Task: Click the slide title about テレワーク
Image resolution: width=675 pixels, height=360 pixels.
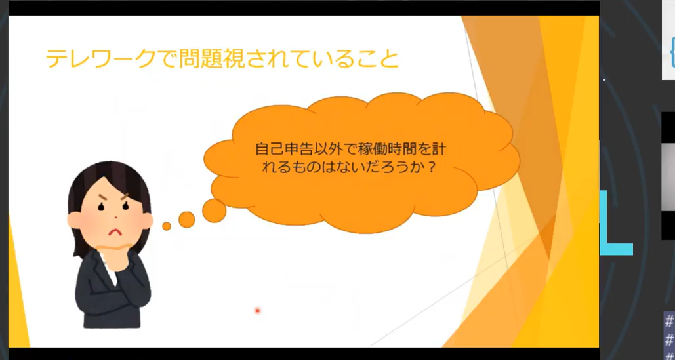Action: tap(222, 58)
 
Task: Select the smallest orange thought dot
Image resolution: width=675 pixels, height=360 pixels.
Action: tap(167, 226)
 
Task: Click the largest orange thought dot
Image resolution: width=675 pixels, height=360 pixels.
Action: tap(214, 210)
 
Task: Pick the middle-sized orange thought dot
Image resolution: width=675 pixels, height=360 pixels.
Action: tap(186, 220)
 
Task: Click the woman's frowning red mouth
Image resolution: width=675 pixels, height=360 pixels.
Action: tap(114, 233)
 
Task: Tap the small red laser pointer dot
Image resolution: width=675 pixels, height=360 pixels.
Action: tap(257, 310)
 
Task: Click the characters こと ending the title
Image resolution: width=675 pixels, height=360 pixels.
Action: tap(378, 59)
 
